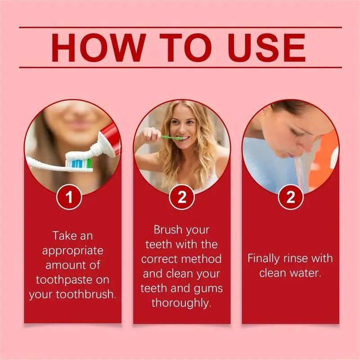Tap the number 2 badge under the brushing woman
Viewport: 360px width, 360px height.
pyautogui.click(x=181, y=197)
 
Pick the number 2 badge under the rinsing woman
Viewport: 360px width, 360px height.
pyautogui.click(x=290, y=197)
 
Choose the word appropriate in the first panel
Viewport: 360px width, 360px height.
pyautogui.click(x=72, y=250)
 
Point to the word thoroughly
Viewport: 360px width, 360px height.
pyautogui.click(x=181, y=303)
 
